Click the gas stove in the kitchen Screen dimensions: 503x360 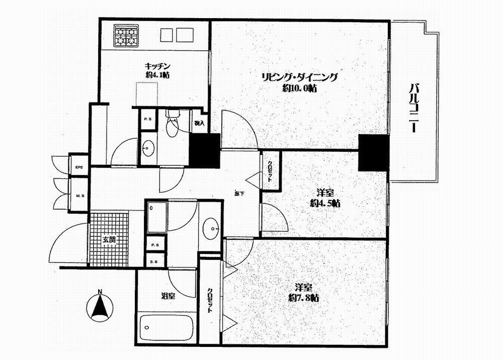pos(126,35)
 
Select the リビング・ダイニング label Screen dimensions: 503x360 pos(299,77)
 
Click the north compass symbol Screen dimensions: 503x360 pos(101,307)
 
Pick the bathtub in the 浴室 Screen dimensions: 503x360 pos(165,328)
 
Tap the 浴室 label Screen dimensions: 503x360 pos(167,296)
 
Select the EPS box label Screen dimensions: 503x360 pos(79,167)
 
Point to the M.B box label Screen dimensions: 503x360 pos(79,196)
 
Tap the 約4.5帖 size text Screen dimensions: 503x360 pos(324,204)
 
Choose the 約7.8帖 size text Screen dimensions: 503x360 pos(304,298)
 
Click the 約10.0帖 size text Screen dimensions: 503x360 pos(299,88)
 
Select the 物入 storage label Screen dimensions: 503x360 pos(199,123)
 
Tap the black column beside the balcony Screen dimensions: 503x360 pos(373,152)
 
